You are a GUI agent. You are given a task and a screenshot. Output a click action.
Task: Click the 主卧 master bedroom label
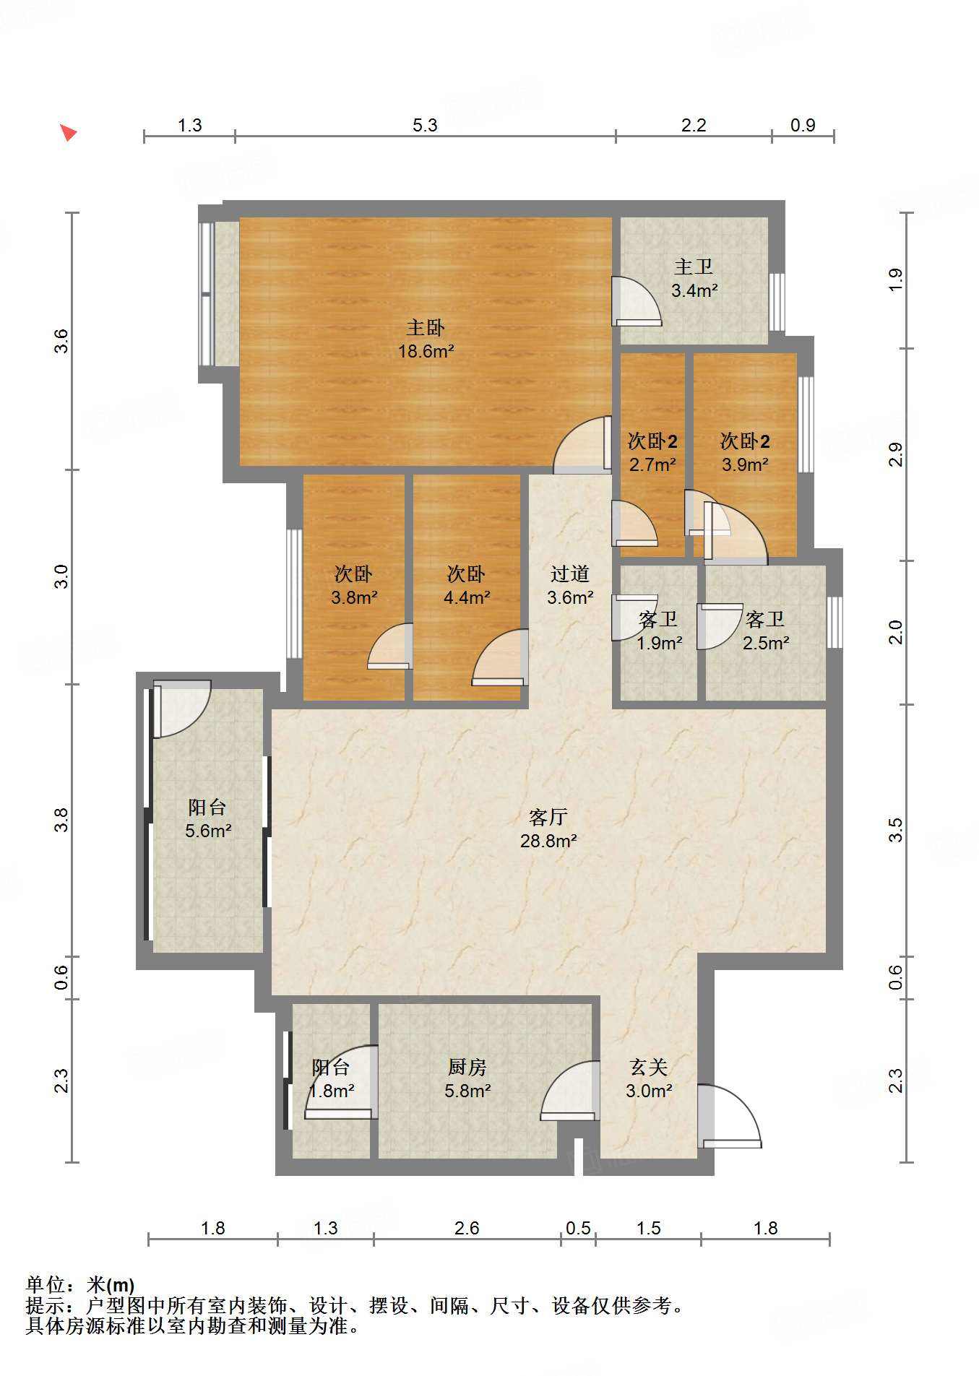pyautogui.click(x=426, y=328)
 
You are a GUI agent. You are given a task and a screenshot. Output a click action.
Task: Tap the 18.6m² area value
pyautogui.click(x=426, y=352)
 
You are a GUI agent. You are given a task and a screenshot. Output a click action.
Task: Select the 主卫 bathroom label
pyautogui.click(x=694, y=267)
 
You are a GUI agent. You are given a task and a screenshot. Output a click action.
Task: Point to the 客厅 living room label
pyautogui.click(x=548, y=817)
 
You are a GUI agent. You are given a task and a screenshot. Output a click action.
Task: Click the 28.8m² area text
pyautogui.click(x=548, y=841)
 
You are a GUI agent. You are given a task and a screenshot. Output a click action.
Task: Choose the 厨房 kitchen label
pyautogui.click(x=467, y=1067)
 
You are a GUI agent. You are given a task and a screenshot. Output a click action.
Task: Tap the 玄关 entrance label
pyautogui.click(x=648, y=1067)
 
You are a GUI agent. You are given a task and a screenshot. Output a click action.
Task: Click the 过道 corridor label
pyautogui.click(x=570, y=574)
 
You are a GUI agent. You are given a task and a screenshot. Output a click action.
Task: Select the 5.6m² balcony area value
pyautogui.click(x=208, y=831)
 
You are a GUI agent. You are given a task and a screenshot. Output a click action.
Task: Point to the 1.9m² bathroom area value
pyautogui.click(x=659, y=643)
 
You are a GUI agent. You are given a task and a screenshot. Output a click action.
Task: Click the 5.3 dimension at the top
pyautogui.click(x=425, y=125)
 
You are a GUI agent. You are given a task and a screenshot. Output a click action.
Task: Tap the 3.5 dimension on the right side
pyautogui.click(x=895, y=830)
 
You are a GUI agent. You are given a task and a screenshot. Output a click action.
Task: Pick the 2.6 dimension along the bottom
pyautogui.click(x=467, y=1228)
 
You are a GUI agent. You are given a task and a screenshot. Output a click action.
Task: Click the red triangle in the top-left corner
pyautogui.click(x=68, y=132)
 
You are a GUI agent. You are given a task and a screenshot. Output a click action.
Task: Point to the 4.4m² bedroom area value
pyautogui.click(x=467, y=597)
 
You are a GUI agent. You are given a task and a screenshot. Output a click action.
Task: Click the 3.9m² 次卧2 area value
pyautogui.click(x=745, y=464)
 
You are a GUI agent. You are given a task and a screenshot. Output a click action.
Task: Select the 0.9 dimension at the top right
pyautogui.click(x=802, y=125)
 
